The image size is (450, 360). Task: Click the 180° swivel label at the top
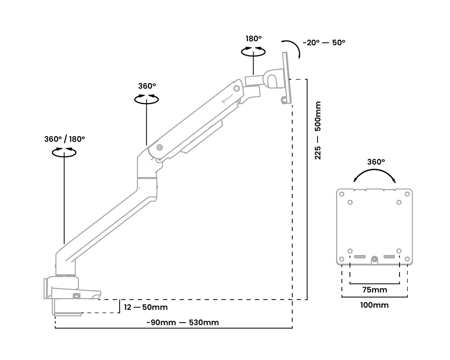click(x=253, y=39)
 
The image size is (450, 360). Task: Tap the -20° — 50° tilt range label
click(x=324, y=43)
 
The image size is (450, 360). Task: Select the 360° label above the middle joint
click(x=147, y=86)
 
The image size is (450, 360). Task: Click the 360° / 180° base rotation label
click(x=64, y=139)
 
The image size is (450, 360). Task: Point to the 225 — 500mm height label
click(x=318, y=130)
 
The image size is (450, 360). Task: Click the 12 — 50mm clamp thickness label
click(x=146, y=307)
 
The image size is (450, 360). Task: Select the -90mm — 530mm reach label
click(x=183, y=322)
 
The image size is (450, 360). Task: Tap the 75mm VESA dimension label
click(x=374, y=290)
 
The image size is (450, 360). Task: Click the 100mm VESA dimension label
click(x=374, y=305)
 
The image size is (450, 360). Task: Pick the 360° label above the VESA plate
click(x=376, y=162)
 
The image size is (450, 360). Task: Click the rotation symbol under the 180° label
click(x=253, y=51)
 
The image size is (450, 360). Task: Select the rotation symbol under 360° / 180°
click(x=64, y=152)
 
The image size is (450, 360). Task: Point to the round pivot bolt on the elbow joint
click(x=159, y=147)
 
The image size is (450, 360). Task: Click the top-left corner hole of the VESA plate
click(x=342, y=194)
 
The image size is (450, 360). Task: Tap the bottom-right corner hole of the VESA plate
click(x=407, y=259)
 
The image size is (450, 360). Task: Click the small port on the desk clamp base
click(x=76, y=296)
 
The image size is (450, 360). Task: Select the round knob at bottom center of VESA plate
click(x=374, y=260)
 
